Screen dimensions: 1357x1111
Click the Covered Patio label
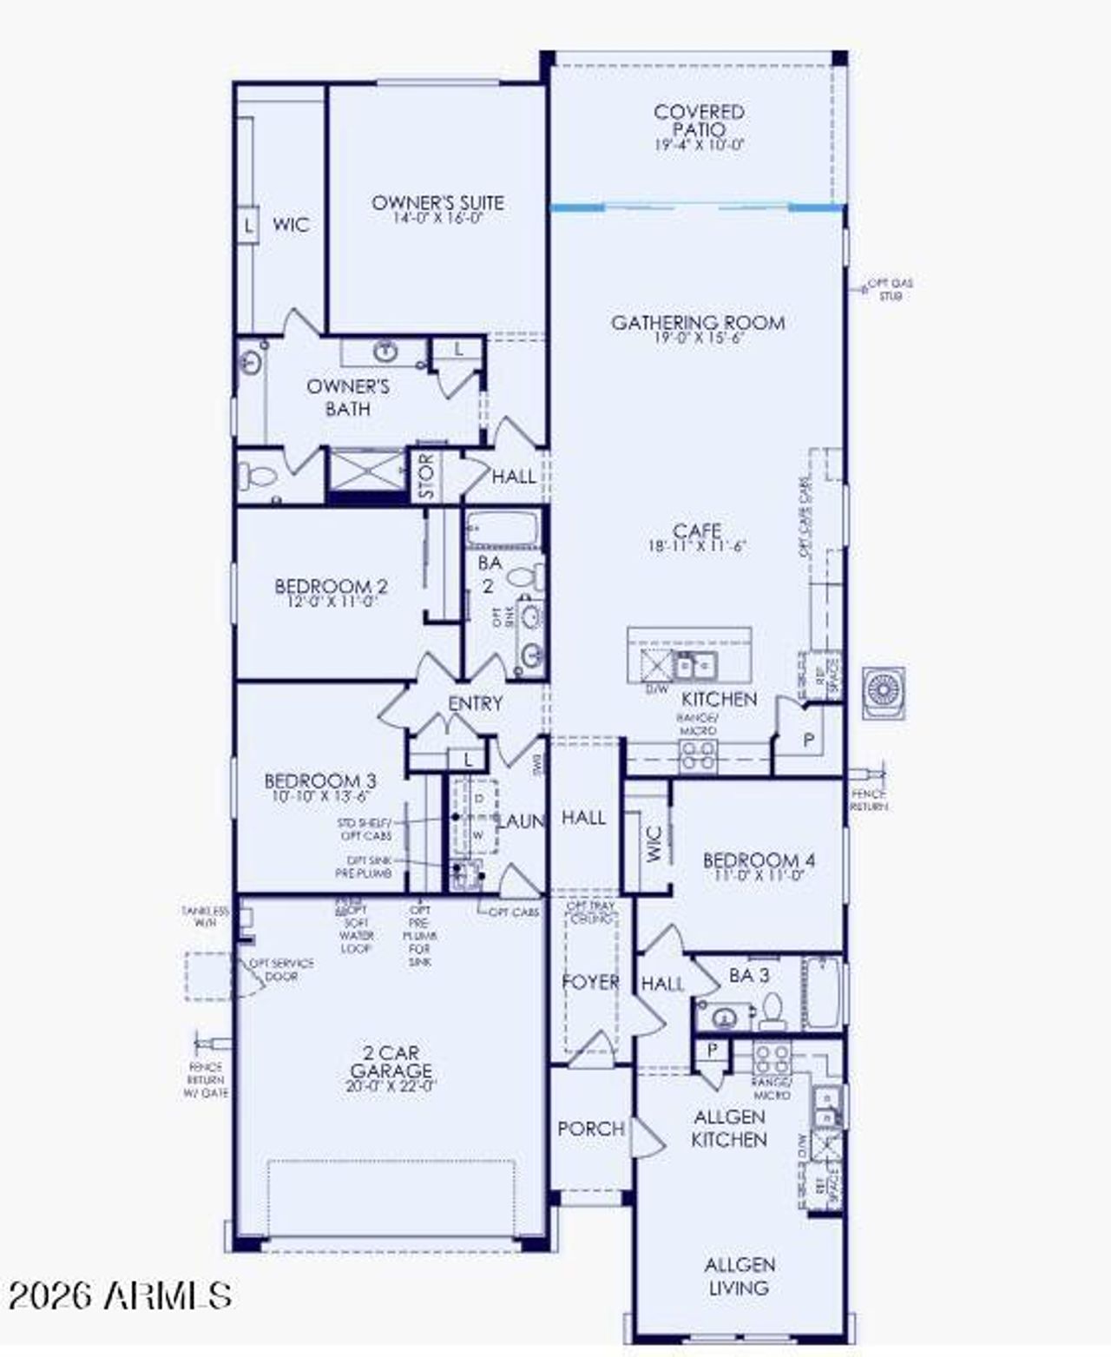(x=699, y=120)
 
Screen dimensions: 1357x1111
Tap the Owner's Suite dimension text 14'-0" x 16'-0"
(x=437, y=218)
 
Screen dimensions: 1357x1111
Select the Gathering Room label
(x=698, y=323)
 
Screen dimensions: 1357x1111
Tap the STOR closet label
(x=426, y=476)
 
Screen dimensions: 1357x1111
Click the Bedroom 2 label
(x=331, y=586)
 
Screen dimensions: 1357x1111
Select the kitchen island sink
(x=694, y=666)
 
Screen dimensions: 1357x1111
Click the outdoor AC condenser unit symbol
(x=884, y=692)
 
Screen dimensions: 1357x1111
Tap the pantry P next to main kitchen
(x=809, y=741)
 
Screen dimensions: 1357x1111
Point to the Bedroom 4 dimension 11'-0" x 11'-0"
(x=759, y=876)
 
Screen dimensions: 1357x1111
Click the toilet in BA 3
(x=772, y=1009)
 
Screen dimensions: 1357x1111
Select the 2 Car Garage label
(x=391, y=1062)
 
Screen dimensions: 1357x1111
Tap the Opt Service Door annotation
(x=282, y=970)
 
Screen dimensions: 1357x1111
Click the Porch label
(x=590, y=1129)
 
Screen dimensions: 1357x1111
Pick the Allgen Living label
(x=740, y=1275)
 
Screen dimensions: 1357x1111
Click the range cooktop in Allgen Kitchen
(x=771, y=1059)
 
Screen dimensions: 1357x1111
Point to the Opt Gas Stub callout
(x=891, y=289)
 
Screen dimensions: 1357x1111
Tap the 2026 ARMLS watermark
(x=119, y=1295)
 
